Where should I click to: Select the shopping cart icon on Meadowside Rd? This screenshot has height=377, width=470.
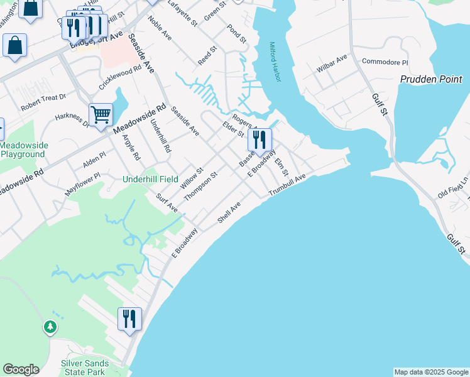tap(101, 115)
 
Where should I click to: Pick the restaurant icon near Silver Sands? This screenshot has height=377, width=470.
tap(129, 319)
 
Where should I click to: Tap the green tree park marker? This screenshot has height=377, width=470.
tap(50, 327)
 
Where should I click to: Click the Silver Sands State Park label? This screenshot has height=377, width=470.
tap(82, 368)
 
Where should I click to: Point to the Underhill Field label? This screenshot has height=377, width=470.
tap(151, 179)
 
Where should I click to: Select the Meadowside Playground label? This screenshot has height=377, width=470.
tap(24, 150)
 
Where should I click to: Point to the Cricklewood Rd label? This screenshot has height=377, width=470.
tap(120, 75)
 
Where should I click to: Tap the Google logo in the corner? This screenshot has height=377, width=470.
tap(21, 369)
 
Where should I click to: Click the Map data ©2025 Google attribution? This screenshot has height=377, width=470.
tap(431, 372)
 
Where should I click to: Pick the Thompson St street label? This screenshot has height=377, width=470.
tap(200, 184)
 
